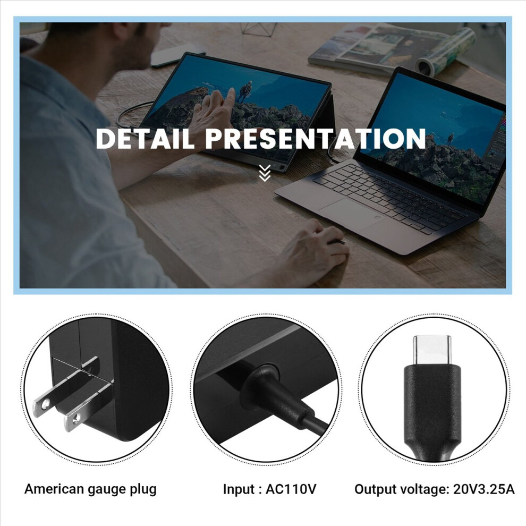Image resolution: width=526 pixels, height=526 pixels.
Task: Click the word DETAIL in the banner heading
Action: point(145,138)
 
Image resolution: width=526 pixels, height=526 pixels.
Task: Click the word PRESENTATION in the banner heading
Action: point(315,138)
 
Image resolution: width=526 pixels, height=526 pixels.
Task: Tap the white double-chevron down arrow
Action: point(265,173)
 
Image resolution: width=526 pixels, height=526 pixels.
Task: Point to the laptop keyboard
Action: point(389,198)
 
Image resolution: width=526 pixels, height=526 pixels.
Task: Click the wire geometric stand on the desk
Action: point(259,28)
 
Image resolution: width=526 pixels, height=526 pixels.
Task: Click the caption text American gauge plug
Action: point(90,489)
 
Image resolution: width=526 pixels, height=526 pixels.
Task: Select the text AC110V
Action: point(291,489)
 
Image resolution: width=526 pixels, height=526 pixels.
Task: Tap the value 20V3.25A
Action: point(483,489)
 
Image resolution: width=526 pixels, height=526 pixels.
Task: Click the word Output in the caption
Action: point(373,490)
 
